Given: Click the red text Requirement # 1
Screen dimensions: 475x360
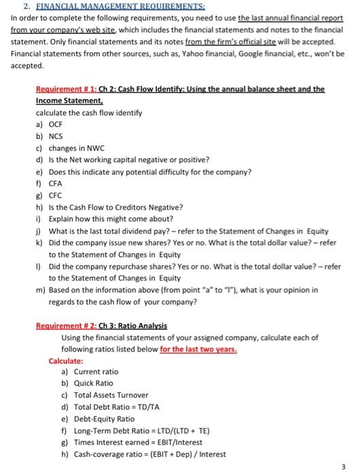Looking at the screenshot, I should (x=64, y=89).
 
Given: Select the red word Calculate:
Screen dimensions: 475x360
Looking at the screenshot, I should (x=66, y=360).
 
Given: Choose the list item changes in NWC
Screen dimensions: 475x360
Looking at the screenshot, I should (x=74, y=148).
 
